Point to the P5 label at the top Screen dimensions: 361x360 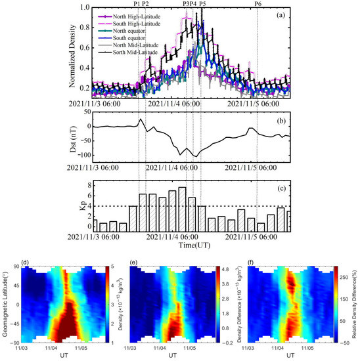coord(202,4)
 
